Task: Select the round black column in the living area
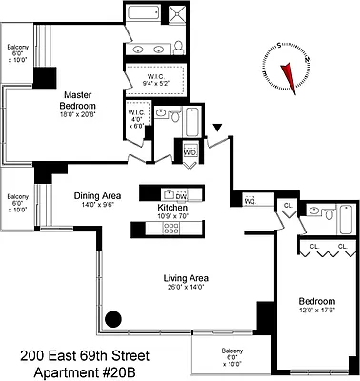click(x=113, y=321)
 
